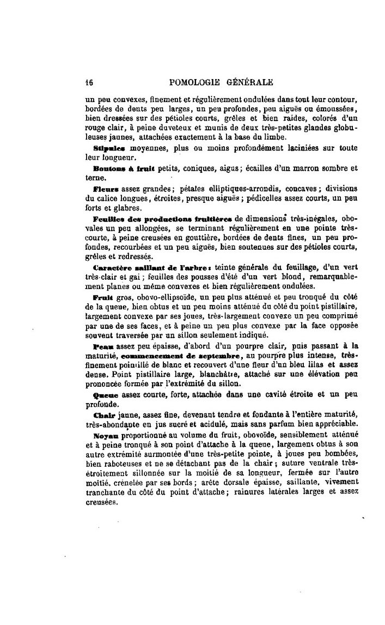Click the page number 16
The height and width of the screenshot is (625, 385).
tap(89, 83)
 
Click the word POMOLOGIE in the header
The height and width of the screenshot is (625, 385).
tap(193, 83)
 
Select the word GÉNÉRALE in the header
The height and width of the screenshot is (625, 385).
tap(250, 83)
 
